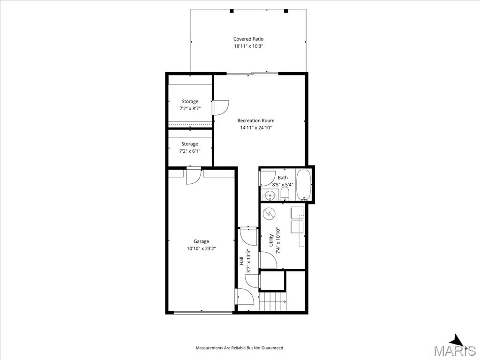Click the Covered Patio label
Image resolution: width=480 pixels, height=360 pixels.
248,39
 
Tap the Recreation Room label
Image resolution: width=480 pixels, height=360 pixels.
256,120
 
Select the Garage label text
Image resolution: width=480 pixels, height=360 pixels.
201,241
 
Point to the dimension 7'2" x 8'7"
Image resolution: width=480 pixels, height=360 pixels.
190,108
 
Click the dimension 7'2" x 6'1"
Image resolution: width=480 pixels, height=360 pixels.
190,151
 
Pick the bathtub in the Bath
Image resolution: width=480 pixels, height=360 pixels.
304,185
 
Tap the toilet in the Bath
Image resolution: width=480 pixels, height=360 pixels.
285,194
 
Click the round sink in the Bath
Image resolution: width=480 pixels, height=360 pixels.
270,195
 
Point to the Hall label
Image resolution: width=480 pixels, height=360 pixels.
241,261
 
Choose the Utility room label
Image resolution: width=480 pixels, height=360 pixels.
271,240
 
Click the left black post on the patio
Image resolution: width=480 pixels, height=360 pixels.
232,11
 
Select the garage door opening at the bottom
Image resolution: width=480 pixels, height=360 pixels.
203,313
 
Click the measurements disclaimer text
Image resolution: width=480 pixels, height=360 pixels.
240,348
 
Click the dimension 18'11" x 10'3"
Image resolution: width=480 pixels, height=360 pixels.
248,46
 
